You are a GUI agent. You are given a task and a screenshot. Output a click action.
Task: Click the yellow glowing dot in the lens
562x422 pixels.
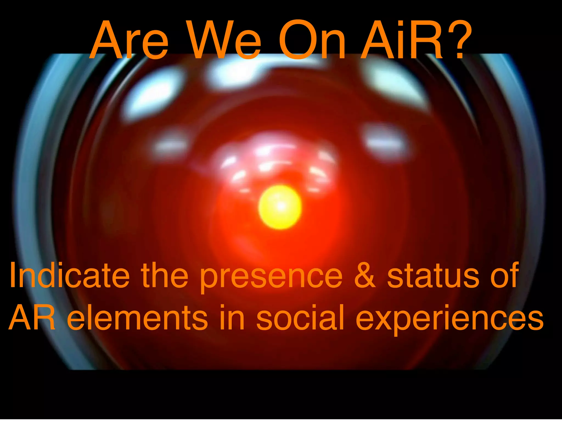point(280,207)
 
